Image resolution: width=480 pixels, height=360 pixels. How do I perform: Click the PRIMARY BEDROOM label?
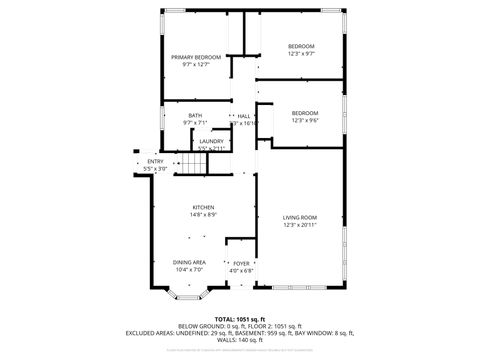pyautogui.click(x=195, y=58)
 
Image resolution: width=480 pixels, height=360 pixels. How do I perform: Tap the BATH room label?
pyautogui.click(x=194, y=116)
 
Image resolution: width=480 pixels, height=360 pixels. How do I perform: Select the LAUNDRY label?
pyautogui.click(x=211, y=142)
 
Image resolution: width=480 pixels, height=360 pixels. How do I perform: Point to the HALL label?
pyautogui.click(x=243, y=116)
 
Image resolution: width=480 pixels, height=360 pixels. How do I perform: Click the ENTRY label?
pyautogui.click(x=155, y=162)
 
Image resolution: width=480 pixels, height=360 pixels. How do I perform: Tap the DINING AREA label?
pyautogui.click(x=189, y=262)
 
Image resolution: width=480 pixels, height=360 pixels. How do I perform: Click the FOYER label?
pyautogui.click(x=241, y=263)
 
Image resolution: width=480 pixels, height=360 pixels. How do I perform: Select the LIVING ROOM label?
pyautogui.click(x=299, y=218)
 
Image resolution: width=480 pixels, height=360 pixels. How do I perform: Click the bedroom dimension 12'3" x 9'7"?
pyautogui.click(x=302, y=54)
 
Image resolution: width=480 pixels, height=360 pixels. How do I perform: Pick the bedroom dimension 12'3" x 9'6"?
pyautogui.click(x=305, y=120)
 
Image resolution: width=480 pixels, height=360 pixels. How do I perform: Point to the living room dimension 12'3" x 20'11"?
pyautogui.click(x=299, y=225)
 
